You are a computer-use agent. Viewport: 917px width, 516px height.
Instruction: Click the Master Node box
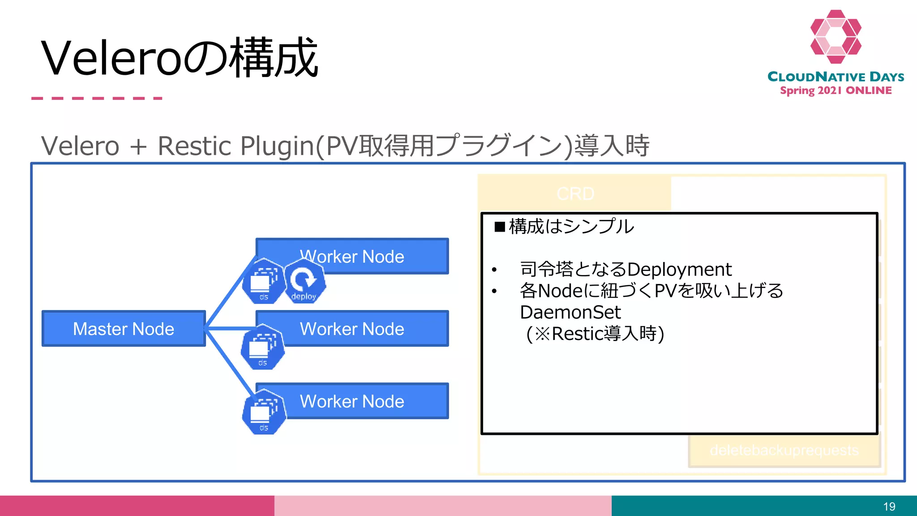pyautogui.click(x=124, y=329)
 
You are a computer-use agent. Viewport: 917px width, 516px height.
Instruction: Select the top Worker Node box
pyautogui.click(x=376, y=256)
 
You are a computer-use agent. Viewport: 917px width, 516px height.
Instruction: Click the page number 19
pyautogui.click(x=889, y=507)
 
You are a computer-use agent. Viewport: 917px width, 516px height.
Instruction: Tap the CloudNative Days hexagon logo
pyautogui.click(x=836, y=37)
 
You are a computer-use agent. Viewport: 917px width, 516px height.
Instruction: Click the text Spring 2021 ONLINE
pyautogui.click(x=836, y=90)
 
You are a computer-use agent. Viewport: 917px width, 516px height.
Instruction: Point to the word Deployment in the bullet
pyautogui.click(x=679, y=270)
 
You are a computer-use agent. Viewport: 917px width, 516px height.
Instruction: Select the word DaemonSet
pyautogui.click(x=570, y=312)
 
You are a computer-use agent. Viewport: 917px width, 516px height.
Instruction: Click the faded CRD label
pyautogui.click(x=575, y=193)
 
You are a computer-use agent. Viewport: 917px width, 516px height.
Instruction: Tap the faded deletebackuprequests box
pyautogui.click(x=784, y=450)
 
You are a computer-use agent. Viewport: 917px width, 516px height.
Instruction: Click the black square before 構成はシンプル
pyautogui.click(x=500, y=227)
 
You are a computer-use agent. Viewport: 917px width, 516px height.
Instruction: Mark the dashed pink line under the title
pyautogui.click(x=97, y=98)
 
